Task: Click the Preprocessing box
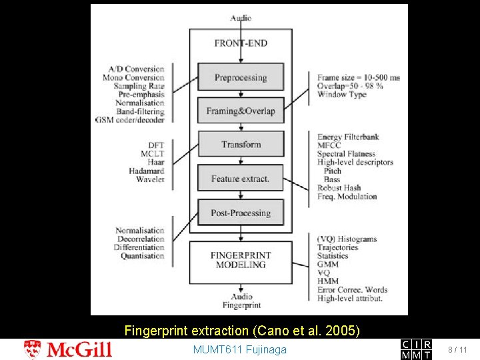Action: (240, 77)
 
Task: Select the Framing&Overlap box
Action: (240, 111)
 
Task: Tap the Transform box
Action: (240, 144)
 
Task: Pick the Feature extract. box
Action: (240, 179)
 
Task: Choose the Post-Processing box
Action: (240, 213)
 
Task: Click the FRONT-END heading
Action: (241, 43)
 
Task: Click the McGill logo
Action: (68, 349)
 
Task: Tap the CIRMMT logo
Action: (416, 349)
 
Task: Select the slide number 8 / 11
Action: (458, 349)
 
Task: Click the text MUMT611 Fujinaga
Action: (239, 349)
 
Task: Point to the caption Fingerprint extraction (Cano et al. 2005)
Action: (242, 330)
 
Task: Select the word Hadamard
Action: (146, 171)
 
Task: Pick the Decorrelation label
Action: (139, 239)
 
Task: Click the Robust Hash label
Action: (339, 188)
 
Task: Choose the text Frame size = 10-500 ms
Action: (359, 77)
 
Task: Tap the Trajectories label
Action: (337, 247)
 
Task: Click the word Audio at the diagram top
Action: (241, 18)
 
